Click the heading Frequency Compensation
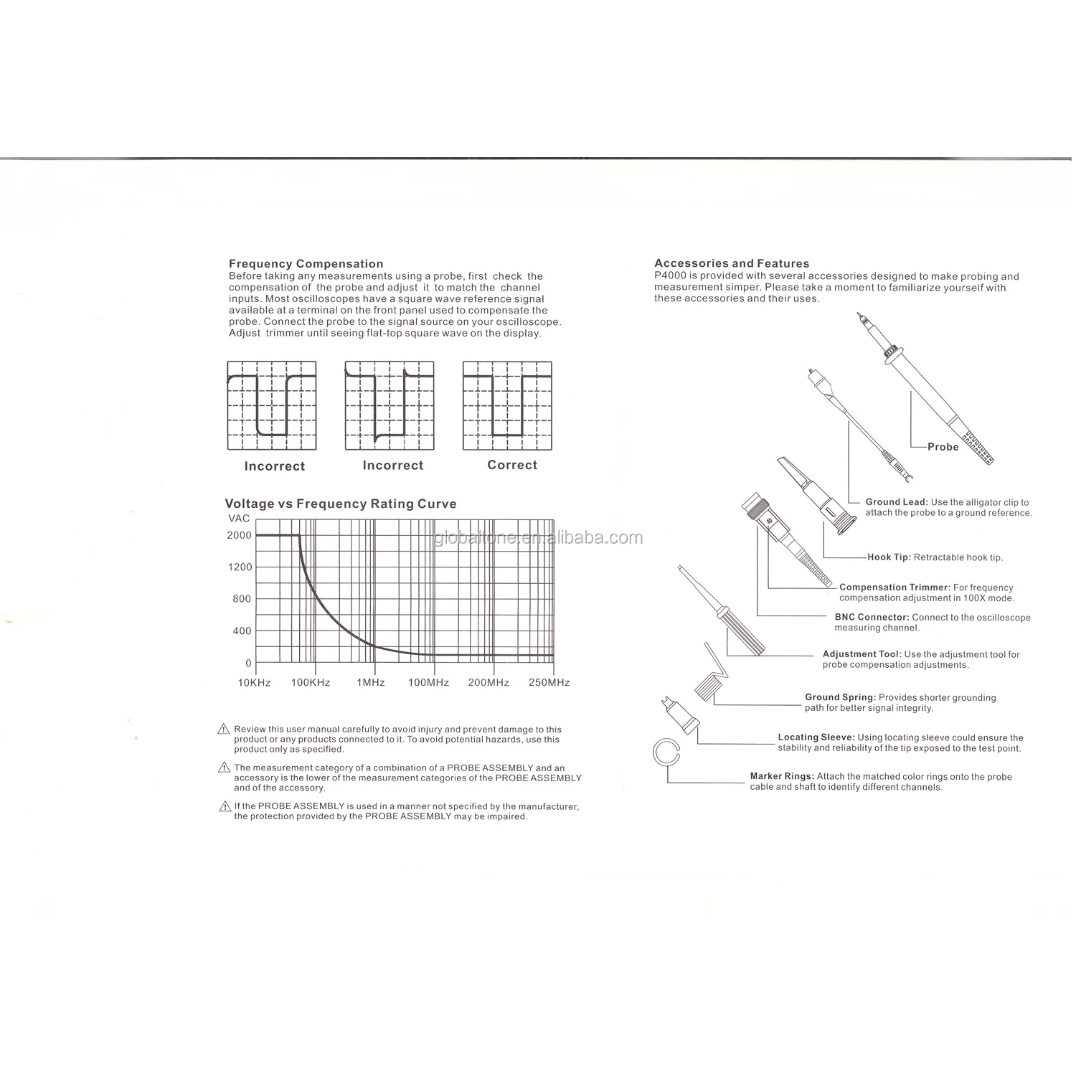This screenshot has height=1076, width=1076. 306,264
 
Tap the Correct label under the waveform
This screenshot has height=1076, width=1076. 512,465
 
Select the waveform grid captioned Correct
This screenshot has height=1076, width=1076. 508,405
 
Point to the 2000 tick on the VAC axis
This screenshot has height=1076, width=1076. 240,535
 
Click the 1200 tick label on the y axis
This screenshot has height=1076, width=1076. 240,567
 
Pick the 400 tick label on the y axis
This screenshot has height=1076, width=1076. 242,631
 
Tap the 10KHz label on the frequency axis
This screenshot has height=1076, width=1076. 254,682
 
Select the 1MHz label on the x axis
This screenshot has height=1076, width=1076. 371,682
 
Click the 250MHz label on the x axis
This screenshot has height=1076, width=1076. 549,682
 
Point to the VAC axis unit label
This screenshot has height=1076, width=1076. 239,519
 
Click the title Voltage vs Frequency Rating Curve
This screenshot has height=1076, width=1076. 341,504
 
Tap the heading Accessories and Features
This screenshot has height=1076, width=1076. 732,263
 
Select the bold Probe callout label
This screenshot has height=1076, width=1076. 943,447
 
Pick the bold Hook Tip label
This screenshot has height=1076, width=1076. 889,557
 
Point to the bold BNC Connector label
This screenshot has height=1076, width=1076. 872,617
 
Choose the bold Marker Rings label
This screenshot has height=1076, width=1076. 782,776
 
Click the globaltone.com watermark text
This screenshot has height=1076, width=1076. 538,538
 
